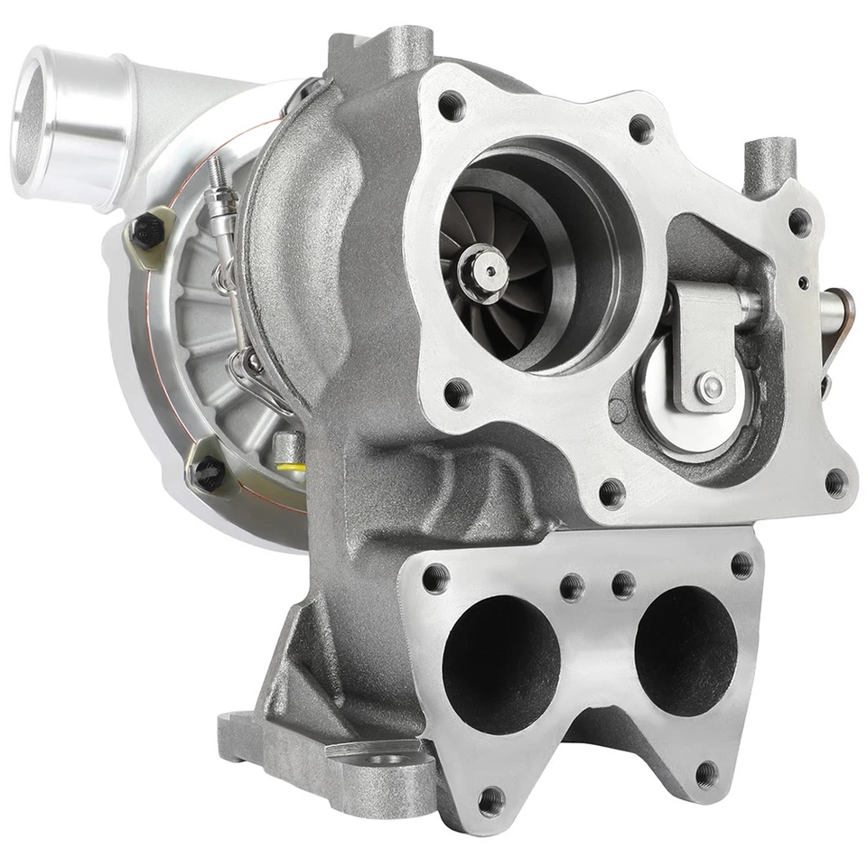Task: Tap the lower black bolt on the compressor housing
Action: pos(206,471)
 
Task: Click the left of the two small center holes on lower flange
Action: pos(571,588)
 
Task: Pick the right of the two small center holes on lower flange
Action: pos(623,584)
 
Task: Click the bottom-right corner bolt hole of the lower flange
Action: pos(707,773)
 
